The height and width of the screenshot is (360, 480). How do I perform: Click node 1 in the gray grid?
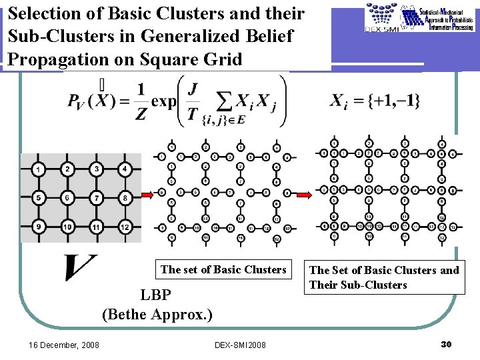(39, 170)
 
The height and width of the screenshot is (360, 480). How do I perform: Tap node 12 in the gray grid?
(125, 227)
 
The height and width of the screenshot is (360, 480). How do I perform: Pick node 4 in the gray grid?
(125, 170)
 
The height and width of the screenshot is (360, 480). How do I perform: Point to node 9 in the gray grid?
(39, 227)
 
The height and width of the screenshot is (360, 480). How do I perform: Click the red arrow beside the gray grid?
(151, 195)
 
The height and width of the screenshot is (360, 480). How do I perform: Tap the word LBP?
(157, 295)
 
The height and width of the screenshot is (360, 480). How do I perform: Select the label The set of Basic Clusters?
(223, 269)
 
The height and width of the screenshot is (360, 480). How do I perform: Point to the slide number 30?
(447, 344)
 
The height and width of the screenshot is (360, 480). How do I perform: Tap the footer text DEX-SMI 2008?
(240, 345)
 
